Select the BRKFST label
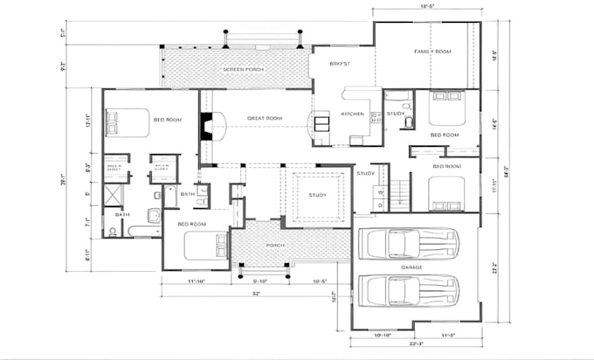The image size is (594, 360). point(339,64)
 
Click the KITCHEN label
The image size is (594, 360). point(352,114)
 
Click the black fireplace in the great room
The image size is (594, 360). point(206,127)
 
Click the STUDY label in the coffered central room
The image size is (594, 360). point(316,194)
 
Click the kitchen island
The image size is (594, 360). point(321,122)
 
